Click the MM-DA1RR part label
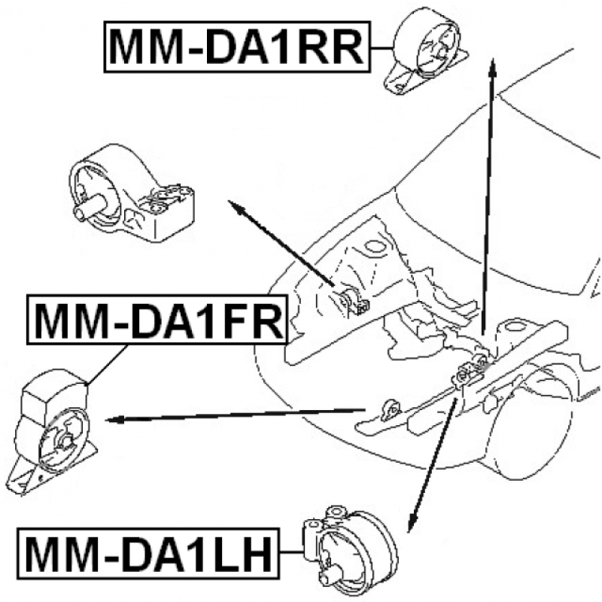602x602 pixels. coord(237,47)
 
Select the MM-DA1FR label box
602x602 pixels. coord(157,319)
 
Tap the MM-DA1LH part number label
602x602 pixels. coord(148,553)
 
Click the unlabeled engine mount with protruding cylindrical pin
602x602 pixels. coord(132,194)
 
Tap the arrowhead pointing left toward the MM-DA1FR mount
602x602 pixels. coord(115,420)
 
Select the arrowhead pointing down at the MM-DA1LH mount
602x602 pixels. coord(412,522)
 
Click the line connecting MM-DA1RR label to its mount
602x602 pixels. coord(382,48)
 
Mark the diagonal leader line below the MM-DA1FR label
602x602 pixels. coord(108,364)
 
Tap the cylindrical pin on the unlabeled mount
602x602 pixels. coord(89,208)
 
